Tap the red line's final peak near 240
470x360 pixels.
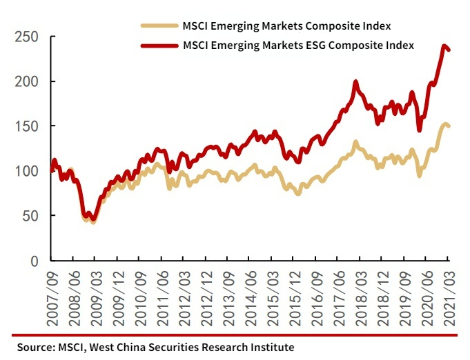click(442, 46)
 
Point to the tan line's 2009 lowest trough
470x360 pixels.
click(93, 221)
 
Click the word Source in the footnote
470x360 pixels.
click(36, 347)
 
